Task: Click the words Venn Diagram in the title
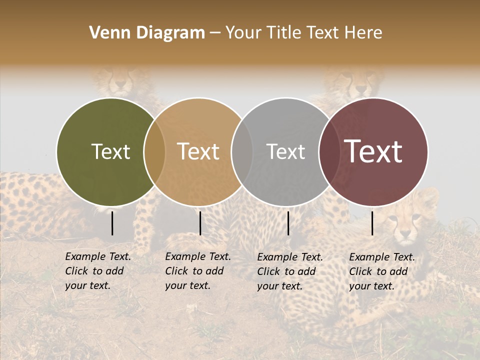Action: click(147, 33)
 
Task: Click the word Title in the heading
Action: click(284, 33)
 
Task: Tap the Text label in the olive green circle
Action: click(110, 151)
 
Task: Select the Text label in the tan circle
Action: click(198, 151)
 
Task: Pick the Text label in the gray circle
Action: click(285, 151)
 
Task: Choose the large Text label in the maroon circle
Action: click(373, 151)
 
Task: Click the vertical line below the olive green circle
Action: click(112, 223)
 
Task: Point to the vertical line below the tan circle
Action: click(200, 223)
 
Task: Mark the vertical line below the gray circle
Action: click(288, 223)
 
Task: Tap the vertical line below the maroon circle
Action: click(372, 223)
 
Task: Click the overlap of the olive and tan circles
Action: click(154, 151)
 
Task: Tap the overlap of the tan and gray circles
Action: click(242, 151)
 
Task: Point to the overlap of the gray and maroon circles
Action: click(329, 151)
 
